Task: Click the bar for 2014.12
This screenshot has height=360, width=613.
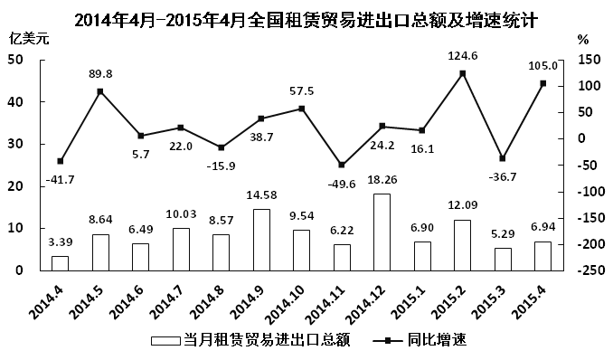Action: (382, 232)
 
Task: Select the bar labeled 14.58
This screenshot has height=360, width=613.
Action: (261, 240)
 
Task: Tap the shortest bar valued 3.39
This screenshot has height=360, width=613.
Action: (60, 263)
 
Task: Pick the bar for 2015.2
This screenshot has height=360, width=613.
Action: (462, 245)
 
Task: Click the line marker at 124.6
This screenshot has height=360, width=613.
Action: (462, 73)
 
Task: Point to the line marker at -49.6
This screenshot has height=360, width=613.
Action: (341, 165)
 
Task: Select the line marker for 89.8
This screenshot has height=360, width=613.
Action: (99, 91)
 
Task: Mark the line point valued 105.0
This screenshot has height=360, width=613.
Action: (542, 83)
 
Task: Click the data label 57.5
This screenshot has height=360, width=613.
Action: (301, 91)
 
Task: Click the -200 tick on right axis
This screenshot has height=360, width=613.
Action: (589, 245)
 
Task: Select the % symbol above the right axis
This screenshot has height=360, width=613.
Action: (583, 40)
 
